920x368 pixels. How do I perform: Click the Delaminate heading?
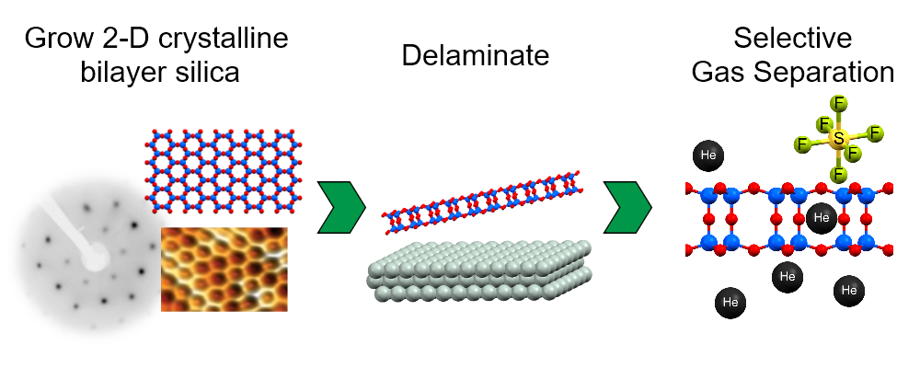476,55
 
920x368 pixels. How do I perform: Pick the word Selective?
791,39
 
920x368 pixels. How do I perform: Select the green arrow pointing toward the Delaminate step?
341,208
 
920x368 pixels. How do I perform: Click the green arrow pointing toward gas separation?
628,208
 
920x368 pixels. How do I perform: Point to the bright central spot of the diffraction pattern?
92,260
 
